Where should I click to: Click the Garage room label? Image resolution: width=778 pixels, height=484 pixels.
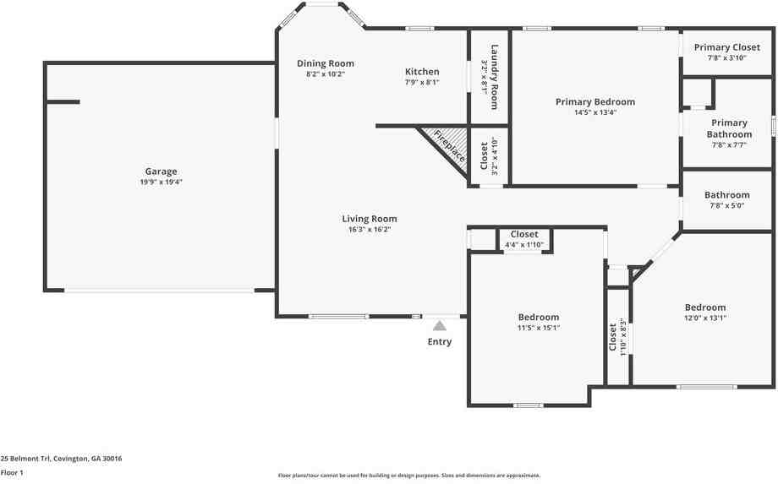point(161,171)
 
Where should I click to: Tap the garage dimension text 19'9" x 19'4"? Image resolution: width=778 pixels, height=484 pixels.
point(161,182)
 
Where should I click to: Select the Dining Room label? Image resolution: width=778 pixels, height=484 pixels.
point(326,63)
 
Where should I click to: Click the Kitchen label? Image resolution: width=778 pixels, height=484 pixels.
point(422,72)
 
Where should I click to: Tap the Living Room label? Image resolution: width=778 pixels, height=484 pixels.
point(370,219)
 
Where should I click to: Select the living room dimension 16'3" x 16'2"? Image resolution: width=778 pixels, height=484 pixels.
point(370,229)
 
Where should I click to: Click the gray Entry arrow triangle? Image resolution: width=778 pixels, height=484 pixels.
point(440,324)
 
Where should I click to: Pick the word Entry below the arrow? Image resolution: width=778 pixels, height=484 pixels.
point(440,342)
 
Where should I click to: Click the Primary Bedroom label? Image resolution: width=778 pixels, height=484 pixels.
point(595,102)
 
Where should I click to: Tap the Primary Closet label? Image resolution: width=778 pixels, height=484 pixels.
point(727,47)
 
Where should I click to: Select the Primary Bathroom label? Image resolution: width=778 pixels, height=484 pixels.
point(729,128)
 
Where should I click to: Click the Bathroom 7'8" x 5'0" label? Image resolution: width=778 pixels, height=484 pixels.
point(727,195)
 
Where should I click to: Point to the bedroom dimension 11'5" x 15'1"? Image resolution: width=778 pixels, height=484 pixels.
point(539,328)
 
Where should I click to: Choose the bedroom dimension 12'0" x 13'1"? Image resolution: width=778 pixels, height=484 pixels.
point(705,318)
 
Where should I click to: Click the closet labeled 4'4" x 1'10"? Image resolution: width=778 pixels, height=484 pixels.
point(524,240)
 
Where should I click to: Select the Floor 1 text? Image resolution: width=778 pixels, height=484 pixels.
point(12,473)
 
